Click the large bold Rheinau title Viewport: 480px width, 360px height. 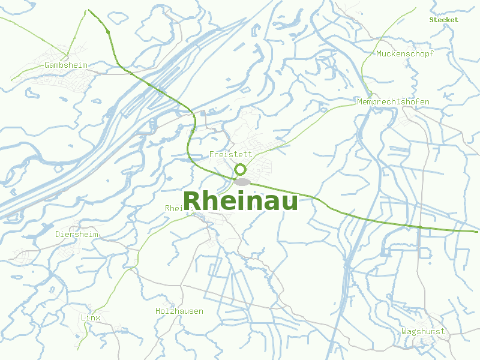240,201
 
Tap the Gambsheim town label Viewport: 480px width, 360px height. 66,65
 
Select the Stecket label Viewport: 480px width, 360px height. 443,20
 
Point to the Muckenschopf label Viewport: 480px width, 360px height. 405,53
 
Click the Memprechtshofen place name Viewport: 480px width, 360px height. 393,102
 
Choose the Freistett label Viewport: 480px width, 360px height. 230,154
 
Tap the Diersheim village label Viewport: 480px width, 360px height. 77,234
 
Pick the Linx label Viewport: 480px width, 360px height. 90,317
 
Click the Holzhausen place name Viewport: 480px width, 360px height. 179,311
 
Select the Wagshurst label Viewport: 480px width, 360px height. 423,331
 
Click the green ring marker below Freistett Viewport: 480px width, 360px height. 241,170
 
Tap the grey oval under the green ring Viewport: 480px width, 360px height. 242,181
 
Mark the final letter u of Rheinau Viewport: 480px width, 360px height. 289,203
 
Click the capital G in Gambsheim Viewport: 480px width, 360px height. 47,65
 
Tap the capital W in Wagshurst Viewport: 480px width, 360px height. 405,331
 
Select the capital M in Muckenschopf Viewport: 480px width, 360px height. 379,53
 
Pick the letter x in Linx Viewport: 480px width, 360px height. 98,317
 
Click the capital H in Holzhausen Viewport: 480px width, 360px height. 158,311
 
